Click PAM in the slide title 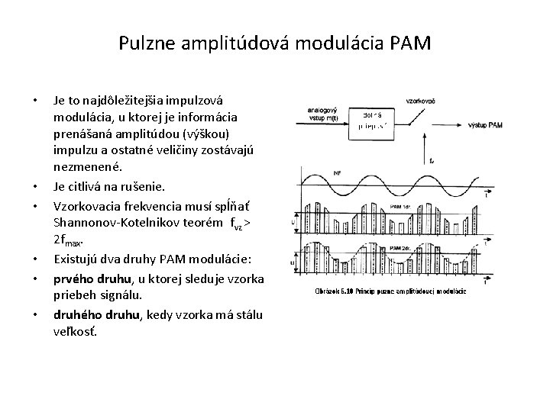409,43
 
